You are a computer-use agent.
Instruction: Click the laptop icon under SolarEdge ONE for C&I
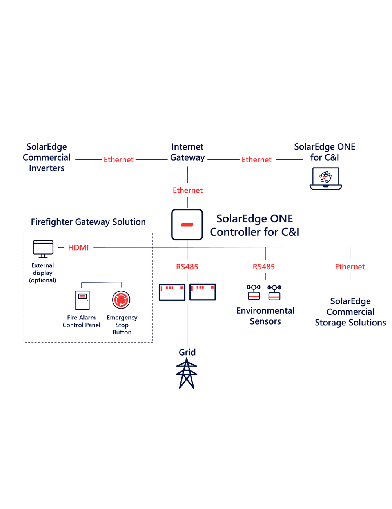(326, 179)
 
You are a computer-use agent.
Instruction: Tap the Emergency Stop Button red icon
(121, 300)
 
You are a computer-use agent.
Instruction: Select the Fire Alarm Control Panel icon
(82, 300)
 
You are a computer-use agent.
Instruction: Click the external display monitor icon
(43, 249)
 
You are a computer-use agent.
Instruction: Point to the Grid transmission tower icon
(187, 374)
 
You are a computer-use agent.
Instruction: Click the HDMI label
(78, 248)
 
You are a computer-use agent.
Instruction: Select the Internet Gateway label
(187, 152)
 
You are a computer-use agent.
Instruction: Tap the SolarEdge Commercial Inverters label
(47, 157)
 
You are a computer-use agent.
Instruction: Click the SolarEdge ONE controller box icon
(187, 224)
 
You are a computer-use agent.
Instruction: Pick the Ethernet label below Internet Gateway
(188, 190)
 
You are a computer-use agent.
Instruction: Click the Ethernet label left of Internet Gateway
(118, 160)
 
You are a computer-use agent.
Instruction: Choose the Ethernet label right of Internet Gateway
(256, 160)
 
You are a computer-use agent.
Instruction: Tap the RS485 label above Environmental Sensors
(264, 267)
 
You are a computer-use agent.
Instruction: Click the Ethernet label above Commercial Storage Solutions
(350, 267)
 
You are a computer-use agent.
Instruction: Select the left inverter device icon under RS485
(172, 292)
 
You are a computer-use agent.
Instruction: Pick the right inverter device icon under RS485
(203, 292)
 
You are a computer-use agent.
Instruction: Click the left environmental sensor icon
(254, 292)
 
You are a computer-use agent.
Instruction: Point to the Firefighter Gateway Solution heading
(88, 222)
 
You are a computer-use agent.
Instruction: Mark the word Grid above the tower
(187, 352)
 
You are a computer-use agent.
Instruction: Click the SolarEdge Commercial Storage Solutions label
(350, 312)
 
